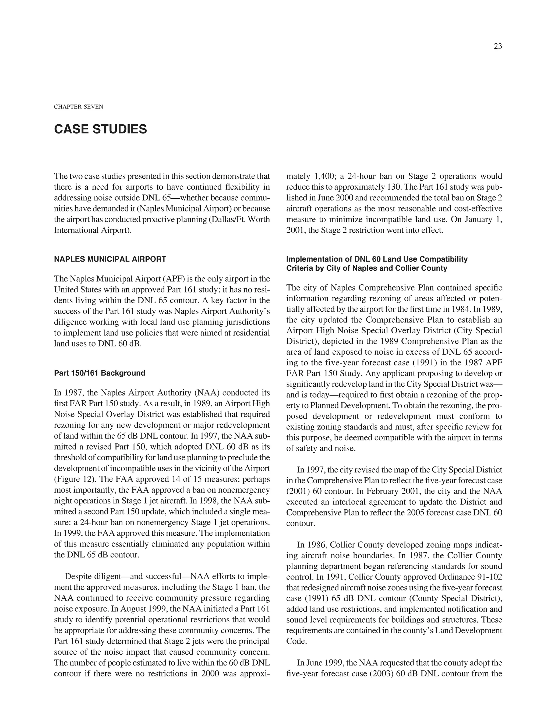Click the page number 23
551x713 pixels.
pos(498,46)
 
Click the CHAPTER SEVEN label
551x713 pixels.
pos(78,107)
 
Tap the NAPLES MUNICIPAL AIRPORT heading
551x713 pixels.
pos(110,259)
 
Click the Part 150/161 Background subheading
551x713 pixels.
pos(100,373)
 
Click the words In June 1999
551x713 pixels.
pos(320,663)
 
